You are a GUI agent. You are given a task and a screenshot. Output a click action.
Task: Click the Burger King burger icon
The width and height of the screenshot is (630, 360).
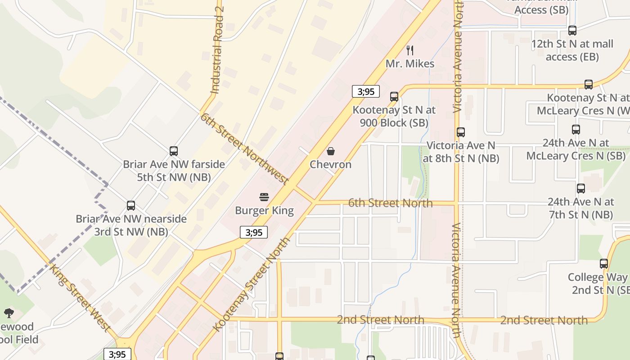click(x=264, y=197)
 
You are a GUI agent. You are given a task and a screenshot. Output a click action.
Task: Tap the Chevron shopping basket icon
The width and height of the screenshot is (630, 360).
click(x=331, y=151)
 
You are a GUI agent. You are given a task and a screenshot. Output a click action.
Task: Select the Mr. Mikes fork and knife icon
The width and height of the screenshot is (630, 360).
click(x=410, y=50)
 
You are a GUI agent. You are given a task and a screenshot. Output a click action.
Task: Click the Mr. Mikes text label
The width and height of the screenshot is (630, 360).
click(x=410, y=64)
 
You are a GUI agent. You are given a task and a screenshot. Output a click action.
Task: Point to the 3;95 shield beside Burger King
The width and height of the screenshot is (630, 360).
click(x=254, y=232)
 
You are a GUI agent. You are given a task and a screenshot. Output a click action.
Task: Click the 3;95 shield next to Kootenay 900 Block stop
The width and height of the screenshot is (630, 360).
click(x=366, y=92)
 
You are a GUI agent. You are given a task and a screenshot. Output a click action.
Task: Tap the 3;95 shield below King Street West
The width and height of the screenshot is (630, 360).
click(x=117, y=354)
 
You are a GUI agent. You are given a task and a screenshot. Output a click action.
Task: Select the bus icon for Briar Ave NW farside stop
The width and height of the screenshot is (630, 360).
click(x=174, y=151)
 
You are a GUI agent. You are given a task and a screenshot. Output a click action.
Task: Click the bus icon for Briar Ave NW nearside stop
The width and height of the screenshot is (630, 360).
click(x=131, y=206)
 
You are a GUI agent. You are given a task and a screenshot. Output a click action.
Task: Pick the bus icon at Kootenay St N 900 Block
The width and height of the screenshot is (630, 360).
click(x=394, y=96)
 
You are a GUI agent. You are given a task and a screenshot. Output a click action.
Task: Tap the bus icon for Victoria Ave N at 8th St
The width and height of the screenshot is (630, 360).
click(x=461, y=132)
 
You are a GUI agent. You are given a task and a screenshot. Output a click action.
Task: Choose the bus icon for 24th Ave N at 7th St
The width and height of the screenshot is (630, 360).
click(x=581, y=189)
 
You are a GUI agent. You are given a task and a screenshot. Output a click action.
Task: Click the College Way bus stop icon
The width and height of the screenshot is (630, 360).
click(x=604, y=264)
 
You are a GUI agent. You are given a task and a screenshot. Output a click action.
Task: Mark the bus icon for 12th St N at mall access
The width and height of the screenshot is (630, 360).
click(x=572, y=31)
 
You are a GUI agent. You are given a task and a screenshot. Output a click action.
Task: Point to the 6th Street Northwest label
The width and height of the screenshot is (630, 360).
click(x=244, y=149)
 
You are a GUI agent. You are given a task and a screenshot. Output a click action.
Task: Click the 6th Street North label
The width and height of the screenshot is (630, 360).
click(x=391, y=203)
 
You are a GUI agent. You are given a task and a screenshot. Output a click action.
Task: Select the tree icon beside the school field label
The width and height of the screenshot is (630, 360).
click(x=9, y=313)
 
